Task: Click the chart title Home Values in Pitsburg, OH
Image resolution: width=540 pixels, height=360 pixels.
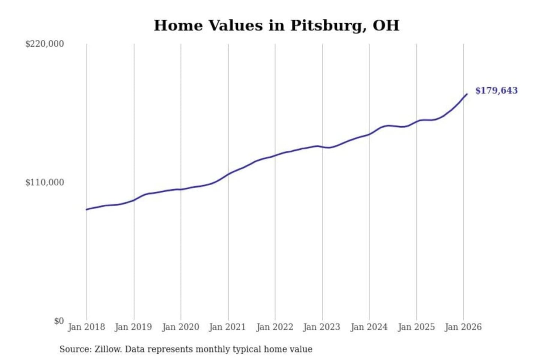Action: tap(276, 25)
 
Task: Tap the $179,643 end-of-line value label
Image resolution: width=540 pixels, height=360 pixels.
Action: tap(496, 90)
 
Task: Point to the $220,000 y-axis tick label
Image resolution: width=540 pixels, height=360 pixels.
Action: tap(44, 44)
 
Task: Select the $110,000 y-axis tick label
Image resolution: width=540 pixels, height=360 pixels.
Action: tap(44, 182)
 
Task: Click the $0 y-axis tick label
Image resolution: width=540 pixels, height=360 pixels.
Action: tap(58, 321)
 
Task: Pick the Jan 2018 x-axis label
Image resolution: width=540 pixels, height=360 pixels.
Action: tap(86, 327)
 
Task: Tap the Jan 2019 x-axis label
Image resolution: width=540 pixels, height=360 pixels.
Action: tap(133, 327)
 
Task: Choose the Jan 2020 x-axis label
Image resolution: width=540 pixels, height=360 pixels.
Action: tap(180, 327)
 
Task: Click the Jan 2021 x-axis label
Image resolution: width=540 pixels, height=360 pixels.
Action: tap(227, 327)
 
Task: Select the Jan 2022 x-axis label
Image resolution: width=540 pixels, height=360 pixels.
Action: tap(274, 327)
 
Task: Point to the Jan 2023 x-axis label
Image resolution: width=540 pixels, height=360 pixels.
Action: tap(321, 327)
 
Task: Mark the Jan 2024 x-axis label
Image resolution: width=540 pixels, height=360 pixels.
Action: tap(369, 327)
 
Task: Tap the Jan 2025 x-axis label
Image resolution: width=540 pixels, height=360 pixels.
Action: tap(416, 327)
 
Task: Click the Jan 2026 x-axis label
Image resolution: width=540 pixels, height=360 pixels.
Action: tap(463, 327)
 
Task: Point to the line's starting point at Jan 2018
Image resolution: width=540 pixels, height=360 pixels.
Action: tap(87, 209)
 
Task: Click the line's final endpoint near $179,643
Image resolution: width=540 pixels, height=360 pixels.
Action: tap(467, 94)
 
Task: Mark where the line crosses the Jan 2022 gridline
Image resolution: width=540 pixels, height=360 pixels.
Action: tap(275, 155)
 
